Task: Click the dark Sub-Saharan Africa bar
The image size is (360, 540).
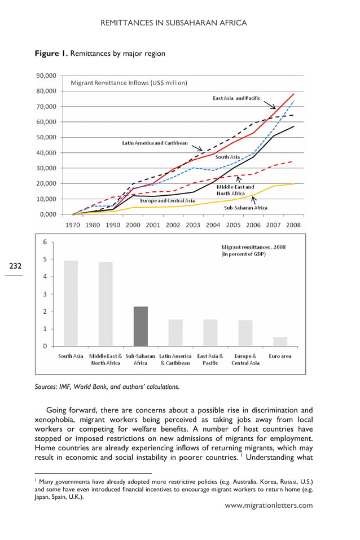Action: tap(141, 326)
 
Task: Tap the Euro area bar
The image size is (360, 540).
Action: tap(280, 341)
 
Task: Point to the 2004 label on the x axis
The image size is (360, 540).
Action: tap(213, 225)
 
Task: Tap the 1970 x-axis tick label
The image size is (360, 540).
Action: tap(73, 225)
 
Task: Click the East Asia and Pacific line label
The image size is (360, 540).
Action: tap(236, 98)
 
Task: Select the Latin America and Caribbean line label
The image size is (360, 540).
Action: tap(155, 143)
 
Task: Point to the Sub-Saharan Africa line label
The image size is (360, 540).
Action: tap(245, 208)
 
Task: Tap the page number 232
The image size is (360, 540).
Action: tap(14, 266)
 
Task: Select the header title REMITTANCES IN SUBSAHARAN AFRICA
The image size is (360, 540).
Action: tap(173, 23)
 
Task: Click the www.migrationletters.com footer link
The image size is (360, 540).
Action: tap(269, 505)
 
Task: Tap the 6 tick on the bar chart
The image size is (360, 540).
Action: tap(45, 242)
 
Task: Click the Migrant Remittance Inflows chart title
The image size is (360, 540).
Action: tap(129, 83)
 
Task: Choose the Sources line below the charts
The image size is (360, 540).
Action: tap(107, 387)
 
